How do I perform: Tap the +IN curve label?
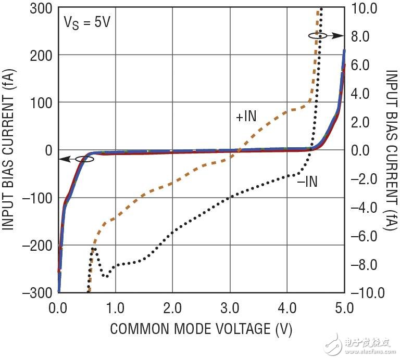tap(246, 117)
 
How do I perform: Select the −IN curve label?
tap(307, 182)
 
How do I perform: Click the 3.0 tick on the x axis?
tap(229, 307)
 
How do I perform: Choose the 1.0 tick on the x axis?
tap(115, 307)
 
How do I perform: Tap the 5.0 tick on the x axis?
tap(343, 307)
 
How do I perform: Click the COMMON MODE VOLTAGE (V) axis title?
tap(201, 329)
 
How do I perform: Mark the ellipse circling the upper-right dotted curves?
tap(318, 35)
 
